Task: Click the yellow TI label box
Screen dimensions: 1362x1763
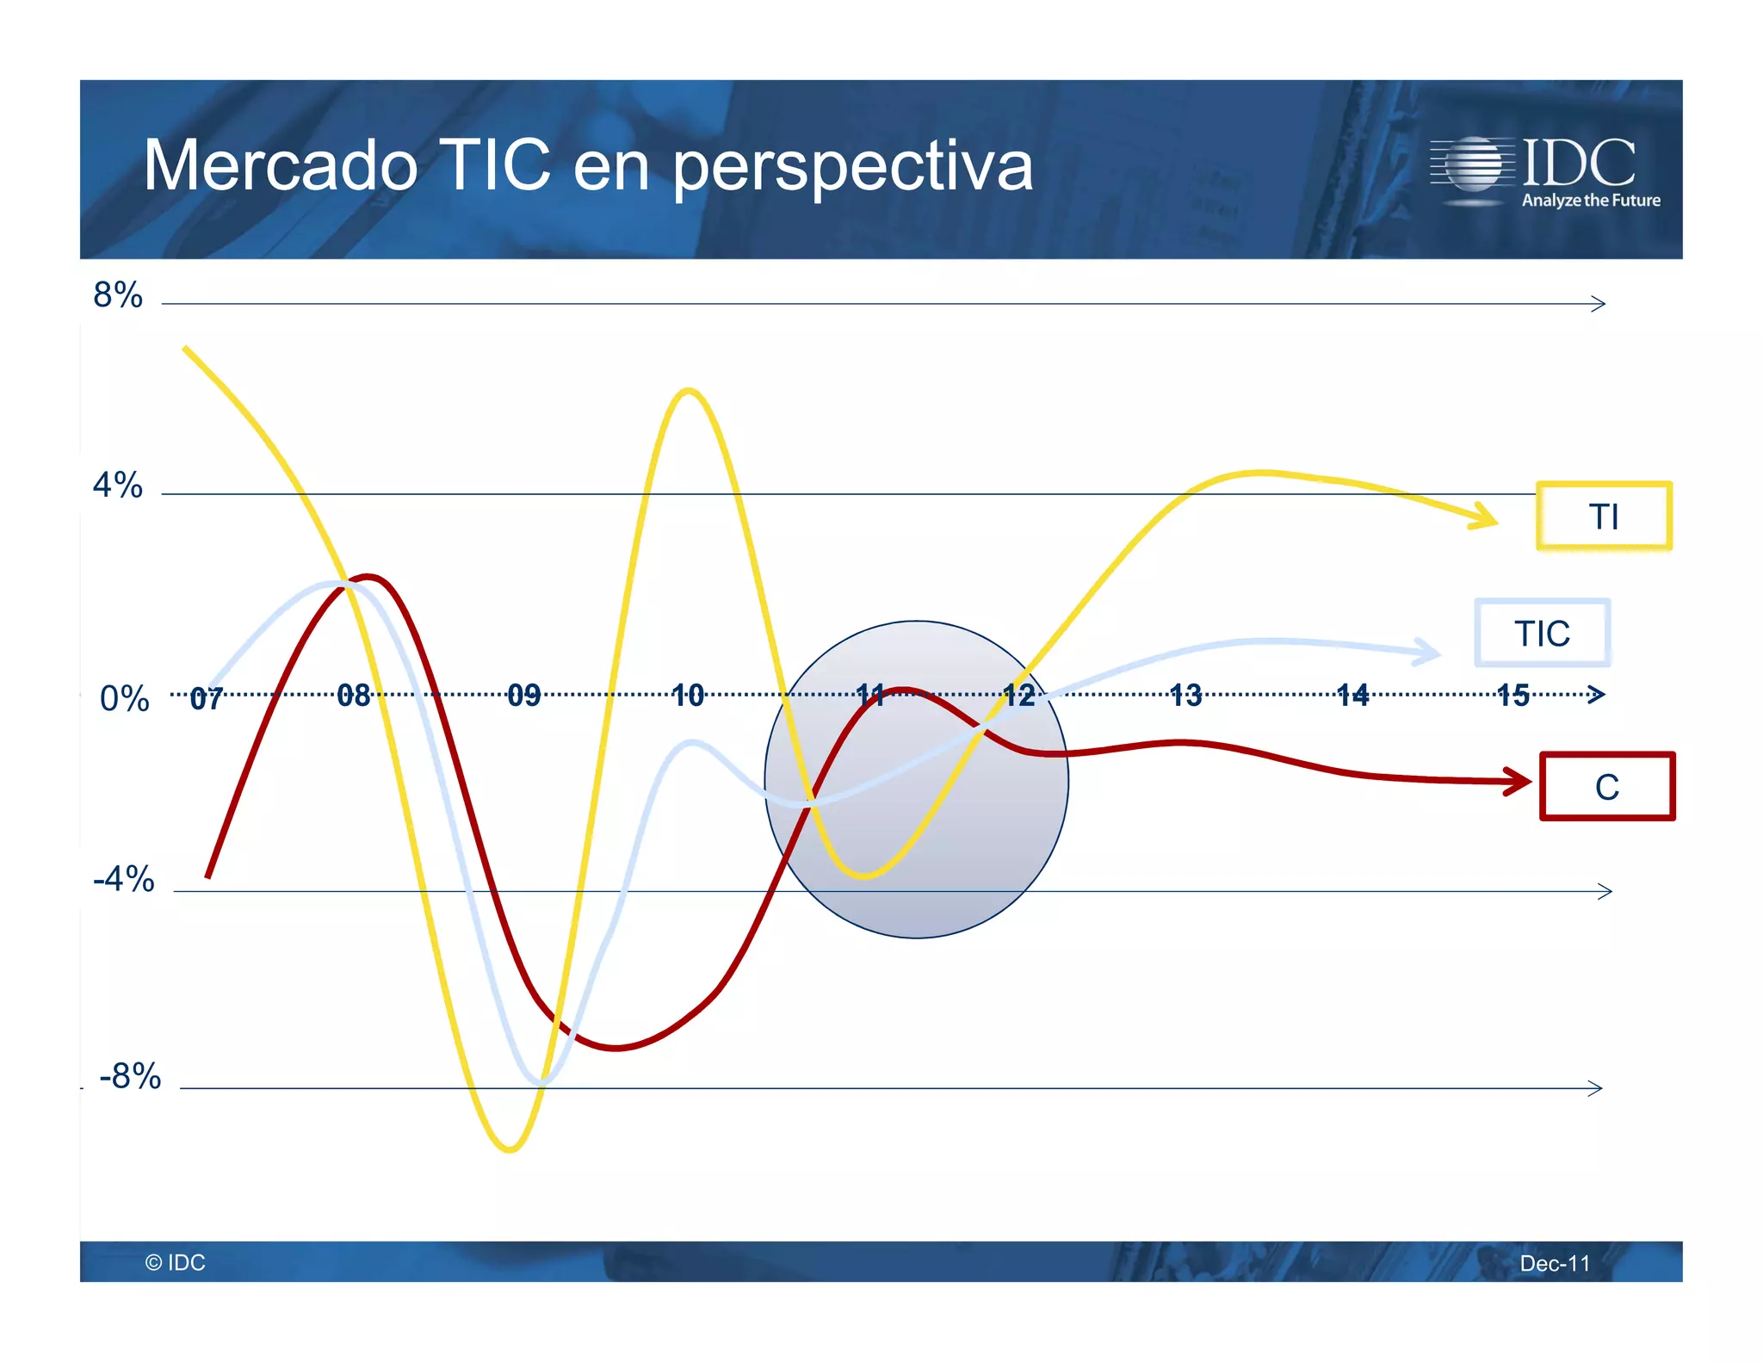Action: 1603,516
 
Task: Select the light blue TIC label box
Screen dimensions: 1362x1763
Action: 1542,633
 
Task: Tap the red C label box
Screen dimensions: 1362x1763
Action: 1606,786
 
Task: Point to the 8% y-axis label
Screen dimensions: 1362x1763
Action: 118,295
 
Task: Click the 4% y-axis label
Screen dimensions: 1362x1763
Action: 118,486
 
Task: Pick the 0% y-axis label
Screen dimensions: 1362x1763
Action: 124,698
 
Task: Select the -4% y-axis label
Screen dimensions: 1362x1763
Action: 124,879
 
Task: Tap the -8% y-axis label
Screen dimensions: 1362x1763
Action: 130,1076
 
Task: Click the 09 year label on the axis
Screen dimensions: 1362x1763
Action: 523,695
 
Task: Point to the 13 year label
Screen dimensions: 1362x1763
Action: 1185,695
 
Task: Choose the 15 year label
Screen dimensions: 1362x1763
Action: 1512,695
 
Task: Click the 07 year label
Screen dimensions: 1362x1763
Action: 207,698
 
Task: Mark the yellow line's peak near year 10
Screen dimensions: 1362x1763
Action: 688,392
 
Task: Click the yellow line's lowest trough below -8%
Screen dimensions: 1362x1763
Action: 510,1148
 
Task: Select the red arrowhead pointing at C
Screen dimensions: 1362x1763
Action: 1519,782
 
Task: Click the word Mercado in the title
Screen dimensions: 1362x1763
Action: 281,165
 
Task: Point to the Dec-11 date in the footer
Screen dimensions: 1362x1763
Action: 1555,1263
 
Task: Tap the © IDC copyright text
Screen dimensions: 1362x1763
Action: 176,1262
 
